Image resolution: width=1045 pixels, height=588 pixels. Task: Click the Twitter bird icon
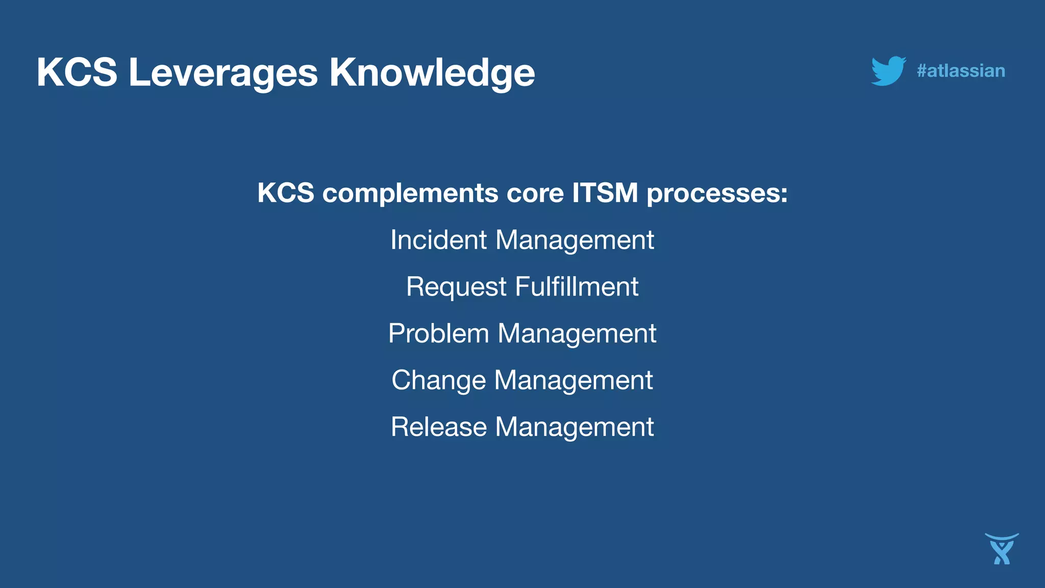pos(888,71)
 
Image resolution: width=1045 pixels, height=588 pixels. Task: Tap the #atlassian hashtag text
pos(961,71)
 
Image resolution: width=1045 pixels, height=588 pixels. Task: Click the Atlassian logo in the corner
pos(1002,549)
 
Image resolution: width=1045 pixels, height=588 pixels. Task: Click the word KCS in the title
pos(77,72)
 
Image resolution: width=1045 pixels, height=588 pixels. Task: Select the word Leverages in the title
pos(223,72)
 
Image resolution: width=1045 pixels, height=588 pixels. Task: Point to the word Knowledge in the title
pos(432,72)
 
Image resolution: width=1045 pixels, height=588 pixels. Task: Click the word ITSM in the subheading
pos(605,193)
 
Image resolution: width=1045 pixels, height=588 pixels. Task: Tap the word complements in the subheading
pos(410,193)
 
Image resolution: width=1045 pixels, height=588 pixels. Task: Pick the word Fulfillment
pos(577,286)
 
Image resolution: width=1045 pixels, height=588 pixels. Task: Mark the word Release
pos(439,427)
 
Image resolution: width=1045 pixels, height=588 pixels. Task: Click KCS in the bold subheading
pos(286,193)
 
